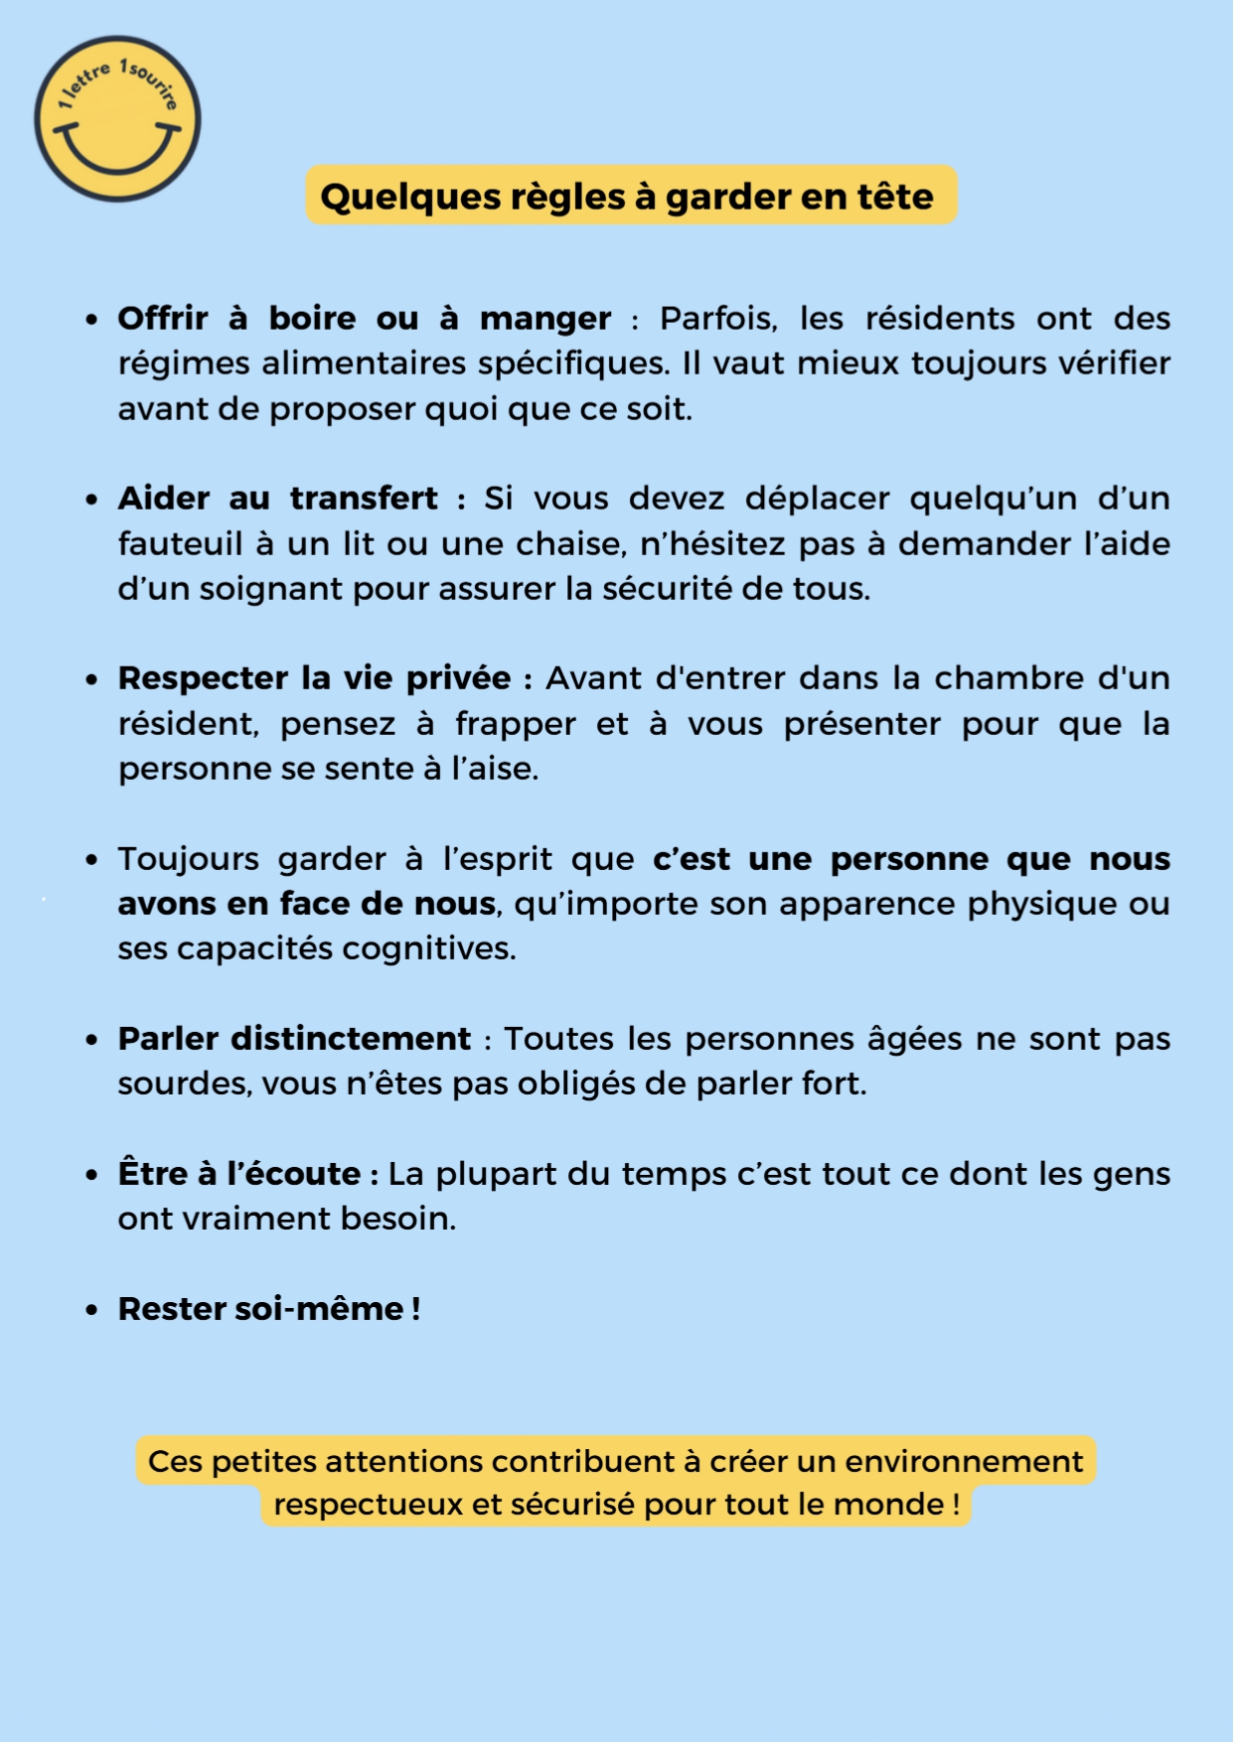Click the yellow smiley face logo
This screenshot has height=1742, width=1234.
pyautogui.click(x=117, y=119)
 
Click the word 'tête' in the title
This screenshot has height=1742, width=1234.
pyautogui.click(x=896, y=196)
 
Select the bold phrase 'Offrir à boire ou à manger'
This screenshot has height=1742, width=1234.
pyautogui.click(x=364, y=319)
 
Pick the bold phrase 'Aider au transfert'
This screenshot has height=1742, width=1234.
pyautogui.click(x=277, y=499)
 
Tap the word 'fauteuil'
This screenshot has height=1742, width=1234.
pyautogui.click(x=180, y=544)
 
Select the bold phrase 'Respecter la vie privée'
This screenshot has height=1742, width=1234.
pyautogui.click(x=314, y=678)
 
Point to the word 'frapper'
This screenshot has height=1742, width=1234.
pyautogui.click(x=515, y=724)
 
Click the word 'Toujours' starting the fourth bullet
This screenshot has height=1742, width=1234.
pyautogui.click(x=188, y=859)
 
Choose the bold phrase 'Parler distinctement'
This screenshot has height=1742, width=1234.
pyautogui.click(x=294, y=1039)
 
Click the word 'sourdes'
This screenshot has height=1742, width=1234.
pyautogui.click(x=183, y=1084)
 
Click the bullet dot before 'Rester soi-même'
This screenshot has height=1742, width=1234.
pyautogui.click(x=92, y=1310)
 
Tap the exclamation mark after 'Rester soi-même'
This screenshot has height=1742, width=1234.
pyautogui.click(x=415, y=1309)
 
